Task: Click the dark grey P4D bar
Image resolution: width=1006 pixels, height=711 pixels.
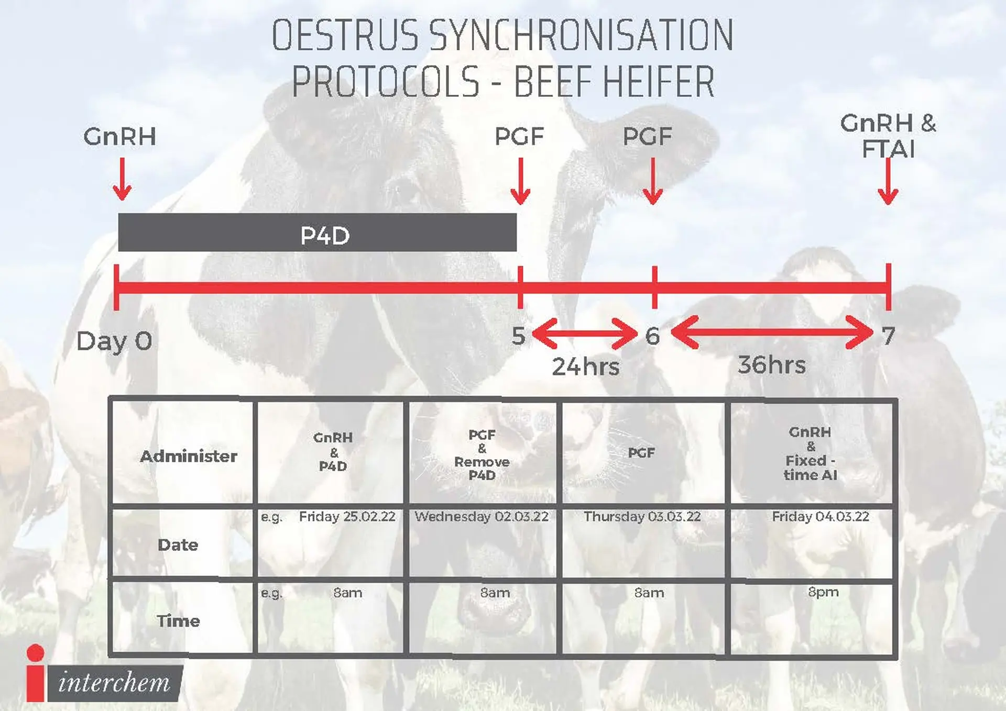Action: point(317,232)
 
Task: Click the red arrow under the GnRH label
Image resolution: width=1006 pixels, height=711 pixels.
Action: point(122,179)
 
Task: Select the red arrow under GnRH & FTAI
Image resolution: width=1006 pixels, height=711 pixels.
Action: point(888,181)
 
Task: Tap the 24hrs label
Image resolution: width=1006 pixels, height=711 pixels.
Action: point(585,366)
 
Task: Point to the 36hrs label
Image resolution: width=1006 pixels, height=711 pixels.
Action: point(771,365)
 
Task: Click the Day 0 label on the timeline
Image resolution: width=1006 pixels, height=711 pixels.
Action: point(114,341)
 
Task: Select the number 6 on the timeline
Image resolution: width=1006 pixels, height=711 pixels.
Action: point(652,336)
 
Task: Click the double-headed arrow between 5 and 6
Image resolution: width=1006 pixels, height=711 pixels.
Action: point(585,333)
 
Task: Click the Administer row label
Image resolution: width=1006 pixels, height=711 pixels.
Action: point(189,456)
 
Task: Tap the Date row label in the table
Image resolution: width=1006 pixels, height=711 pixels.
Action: point(178,545)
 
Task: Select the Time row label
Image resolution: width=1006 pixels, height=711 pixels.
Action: point(178,620)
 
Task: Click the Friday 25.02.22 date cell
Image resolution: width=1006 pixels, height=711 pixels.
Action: point(347,517)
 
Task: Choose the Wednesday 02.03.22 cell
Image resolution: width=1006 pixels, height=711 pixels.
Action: point(482,517)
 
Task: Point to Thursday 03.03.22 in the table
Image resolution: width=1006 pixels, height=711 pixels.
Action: point(642,517)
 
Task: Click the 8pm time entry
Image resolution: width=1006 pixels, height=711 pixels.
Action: point(823,592)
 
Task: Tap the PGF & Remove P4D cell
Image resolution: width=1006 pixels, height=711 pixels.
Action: point(482,455)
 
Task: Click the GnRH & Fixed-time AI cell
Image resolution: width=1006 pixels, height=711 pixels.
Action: point(811,453)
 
